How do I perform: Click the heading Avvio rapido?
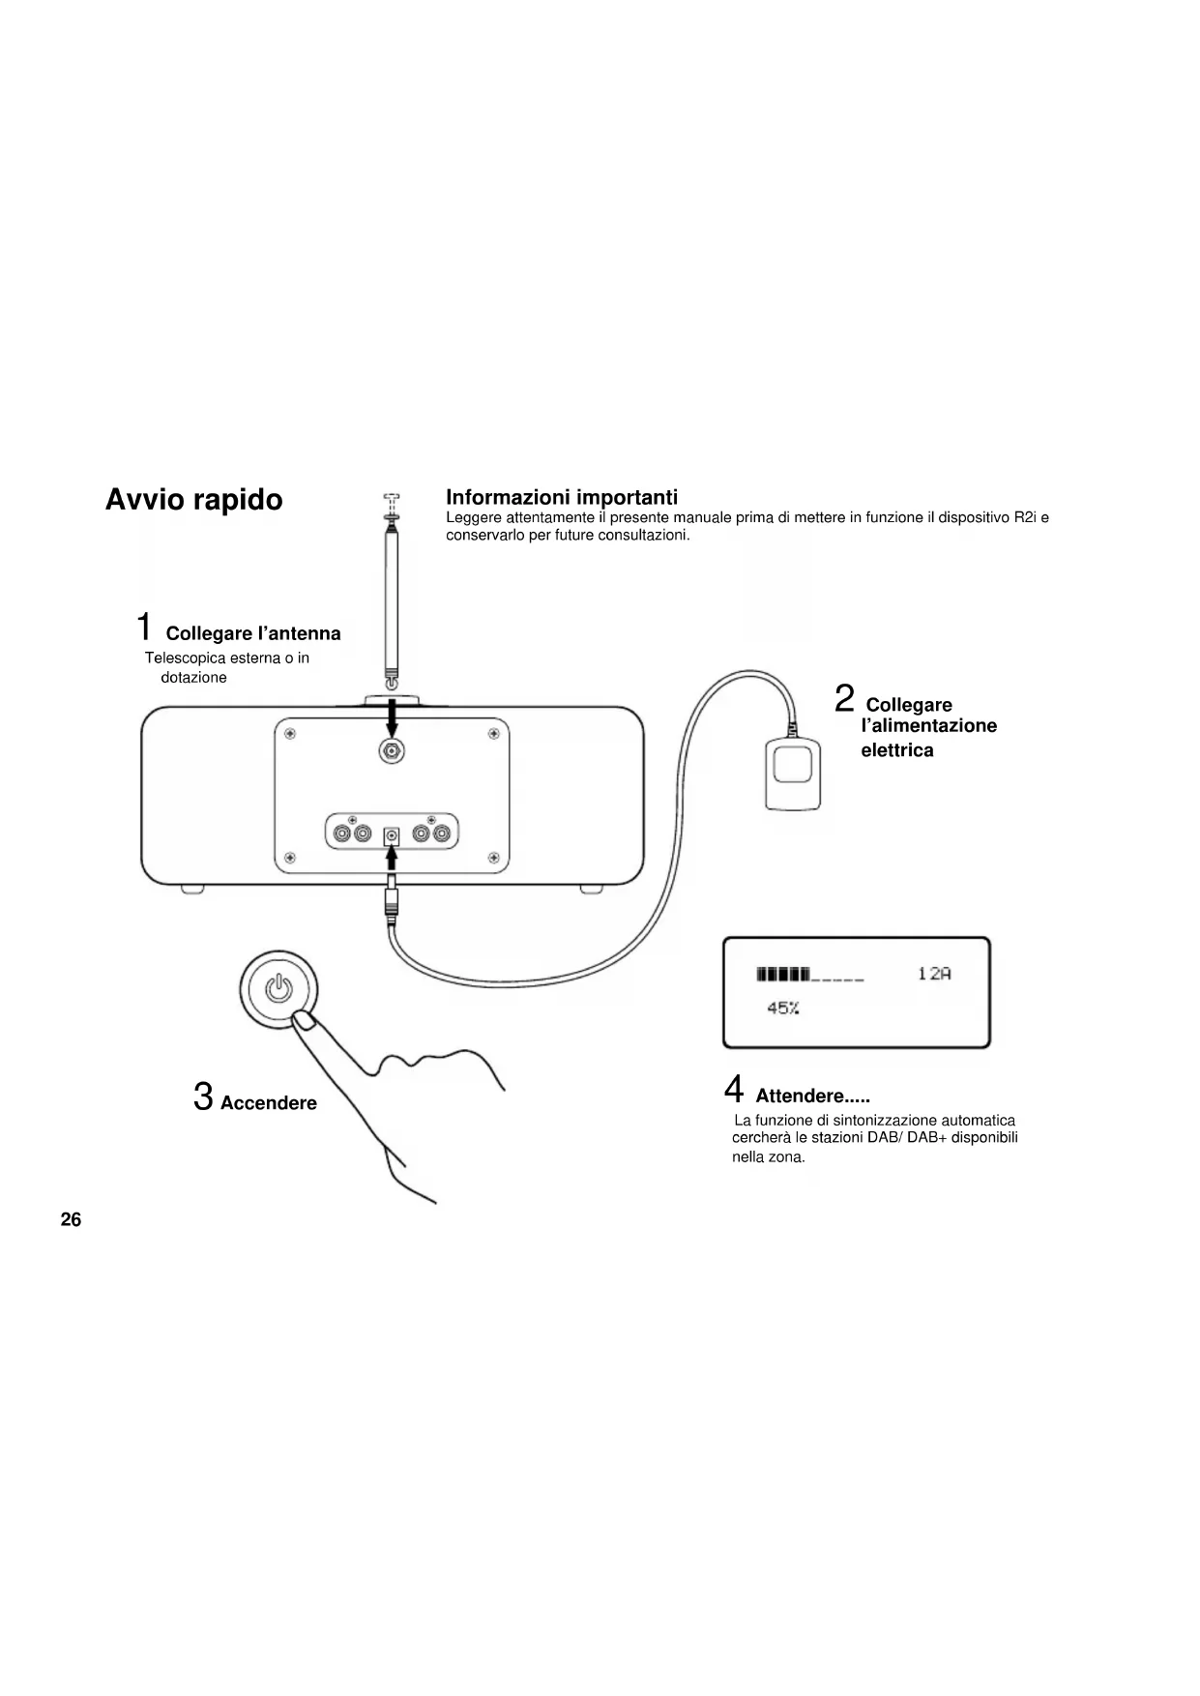193,500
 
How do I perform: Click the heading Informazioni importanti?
562,497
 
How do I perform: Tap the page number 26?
71,1219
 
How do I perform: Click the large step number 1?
143,627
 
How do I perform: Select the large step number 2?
844,698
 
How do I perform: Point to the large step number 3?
203,1097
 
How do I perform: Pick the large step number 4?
734,1090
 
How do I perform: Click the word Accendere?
269,1103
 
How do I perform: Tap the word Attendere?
799,1097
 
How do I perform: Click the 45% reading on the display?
782,1009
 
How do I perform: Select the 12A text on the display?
934,974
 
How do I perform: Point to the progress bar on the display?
809,974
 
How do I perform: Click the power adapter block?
793,773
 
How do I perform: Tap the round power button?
278,988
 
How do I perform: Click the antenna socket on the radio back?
392,752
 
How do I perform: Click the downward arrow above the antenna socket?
392,718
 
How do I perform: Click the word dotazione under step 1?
193,678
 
